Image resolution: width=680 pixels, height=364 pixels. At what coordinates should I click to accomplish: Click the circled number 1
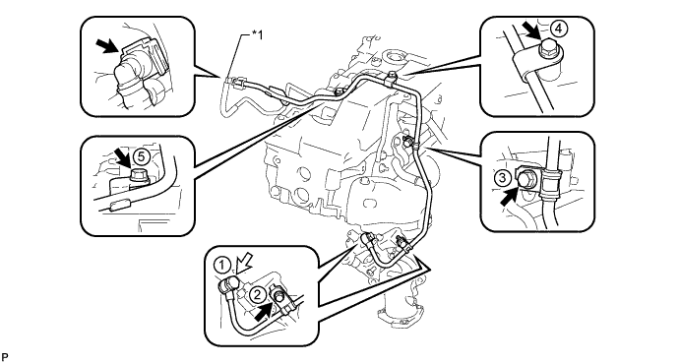tap(222, 265)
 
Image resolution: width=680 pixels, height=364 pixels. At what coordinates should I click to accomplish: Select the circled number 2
tap(257, 295)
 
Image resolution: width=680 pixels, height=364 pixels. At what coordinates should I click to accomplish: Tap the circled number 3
tap(503, 178)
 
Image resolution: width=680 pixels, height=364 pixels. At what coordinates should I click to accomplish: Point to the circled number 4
tap(559, 29)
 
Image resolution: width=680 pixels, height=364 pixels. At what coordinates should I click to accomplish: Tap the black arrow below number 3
tap(509, 196)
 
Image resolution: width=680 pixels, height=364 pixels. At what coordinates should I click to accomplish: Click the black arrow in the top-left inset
tap(106, 46)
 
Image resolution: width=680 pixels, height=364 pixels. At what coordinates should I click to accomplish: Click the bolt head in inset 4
tap(548, 49)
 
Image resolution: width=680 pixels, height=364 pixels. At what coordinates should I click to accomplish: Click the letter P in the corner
tap(4, 357)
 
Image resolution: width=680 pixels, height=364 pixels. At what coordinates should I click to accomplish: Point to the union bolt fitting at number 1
tap(229, 285)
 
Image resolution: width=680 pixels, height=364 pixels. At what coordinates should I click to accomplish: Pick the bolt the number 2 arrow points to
tap(278, 297)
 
